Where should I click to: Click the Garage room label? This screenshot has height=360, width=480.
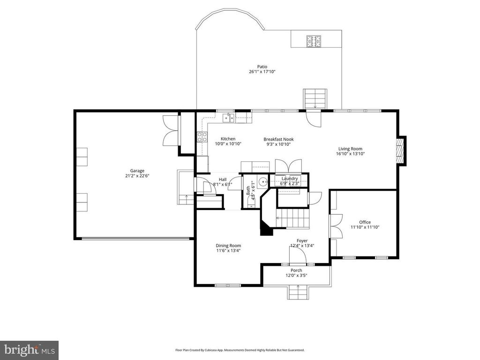[x=137, y=171]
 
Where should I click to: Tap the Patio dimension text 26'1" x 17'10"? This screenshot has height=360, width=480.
[x=262, y=72]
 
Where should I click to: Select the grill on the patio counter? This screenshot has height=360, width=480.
[x=313, y=41]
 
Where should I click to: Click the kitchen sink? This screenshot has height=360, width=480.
[x=229, y=118]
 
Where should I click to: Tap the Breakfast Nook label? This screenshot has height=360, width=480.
[x=277, y=139]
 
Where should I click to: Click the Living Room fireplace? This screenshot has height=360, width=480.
[x=400, y=151]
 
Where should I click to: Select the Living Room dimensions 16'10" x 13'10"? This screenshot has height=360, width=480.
[x=350, y=154]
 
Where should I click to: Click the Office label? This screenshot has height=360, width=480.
[x=365, y=222]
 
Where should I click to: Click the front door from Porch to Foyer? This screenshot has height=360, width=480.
[x=298, y=256]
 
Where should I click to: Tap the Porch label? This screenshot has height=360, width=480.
[x=296, y=270]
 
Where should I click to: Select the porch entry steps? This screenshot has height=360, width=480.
[x=298, y=292]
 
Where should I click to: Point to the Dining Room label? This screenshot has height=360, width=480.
[x=228, y=246]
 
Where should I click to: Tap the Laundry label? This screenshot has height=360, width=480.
[x=290, y=179]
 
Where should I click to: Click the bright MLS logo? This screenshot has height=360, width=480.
[x=29, y=350]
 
